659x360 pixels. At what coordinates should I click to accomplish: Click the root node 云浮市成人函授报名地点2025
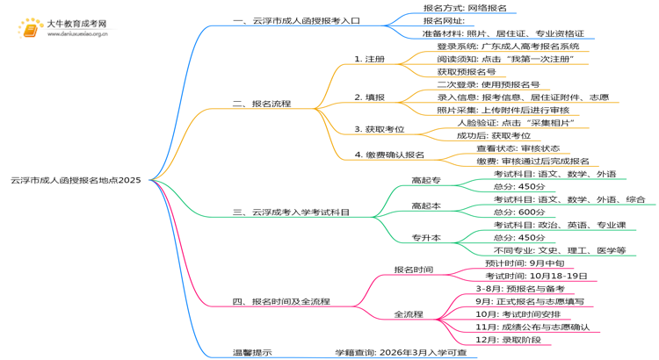pos(76,180)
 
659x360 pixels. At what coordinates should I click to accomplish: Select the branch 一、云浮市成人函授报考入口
pos(296,20)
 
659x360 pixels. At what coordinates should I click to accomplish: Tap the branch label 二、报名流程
pos(262,104)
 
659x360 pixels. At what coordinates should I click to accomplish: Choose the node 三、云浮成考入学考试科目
pos(291,212)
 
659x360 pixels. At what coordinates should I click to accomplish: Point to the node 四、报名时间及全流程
pos(281,301)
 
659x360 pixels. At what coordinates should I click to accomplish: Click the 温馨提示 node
pos(251,352)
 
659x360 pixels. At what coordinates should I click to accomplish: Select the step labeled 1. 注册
pos(369,59)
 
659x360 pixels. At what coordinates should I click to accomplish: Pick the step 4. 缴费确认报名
pos(389,155)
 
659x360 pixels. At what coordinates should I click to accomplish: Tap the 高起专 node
pos(426,180)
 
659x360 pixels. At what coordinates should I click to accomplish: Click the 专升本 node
pos(426,237)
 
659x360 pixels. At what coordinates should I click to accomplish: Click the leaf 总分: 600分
pos(518,212)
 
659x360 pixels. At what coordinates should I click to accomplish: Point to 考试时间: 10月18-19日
pos(536,276)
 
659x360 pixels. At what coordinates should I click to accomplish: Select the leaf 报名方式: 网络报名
pos(465,7)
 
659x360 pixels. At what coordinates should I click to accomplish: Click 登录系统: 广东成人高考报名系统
pos(508,46)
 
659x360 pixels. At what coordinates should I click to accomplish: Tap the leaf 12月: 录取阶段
pos(508,340)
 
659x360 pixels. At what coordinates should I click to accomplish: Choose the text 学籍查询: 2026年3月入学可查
pos(400,352)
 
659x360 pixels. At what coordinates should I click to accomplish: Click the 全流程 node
pos(409,313)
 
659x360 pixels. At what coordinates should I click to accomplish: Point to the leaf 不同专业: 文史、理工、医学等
pos(560,250)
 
